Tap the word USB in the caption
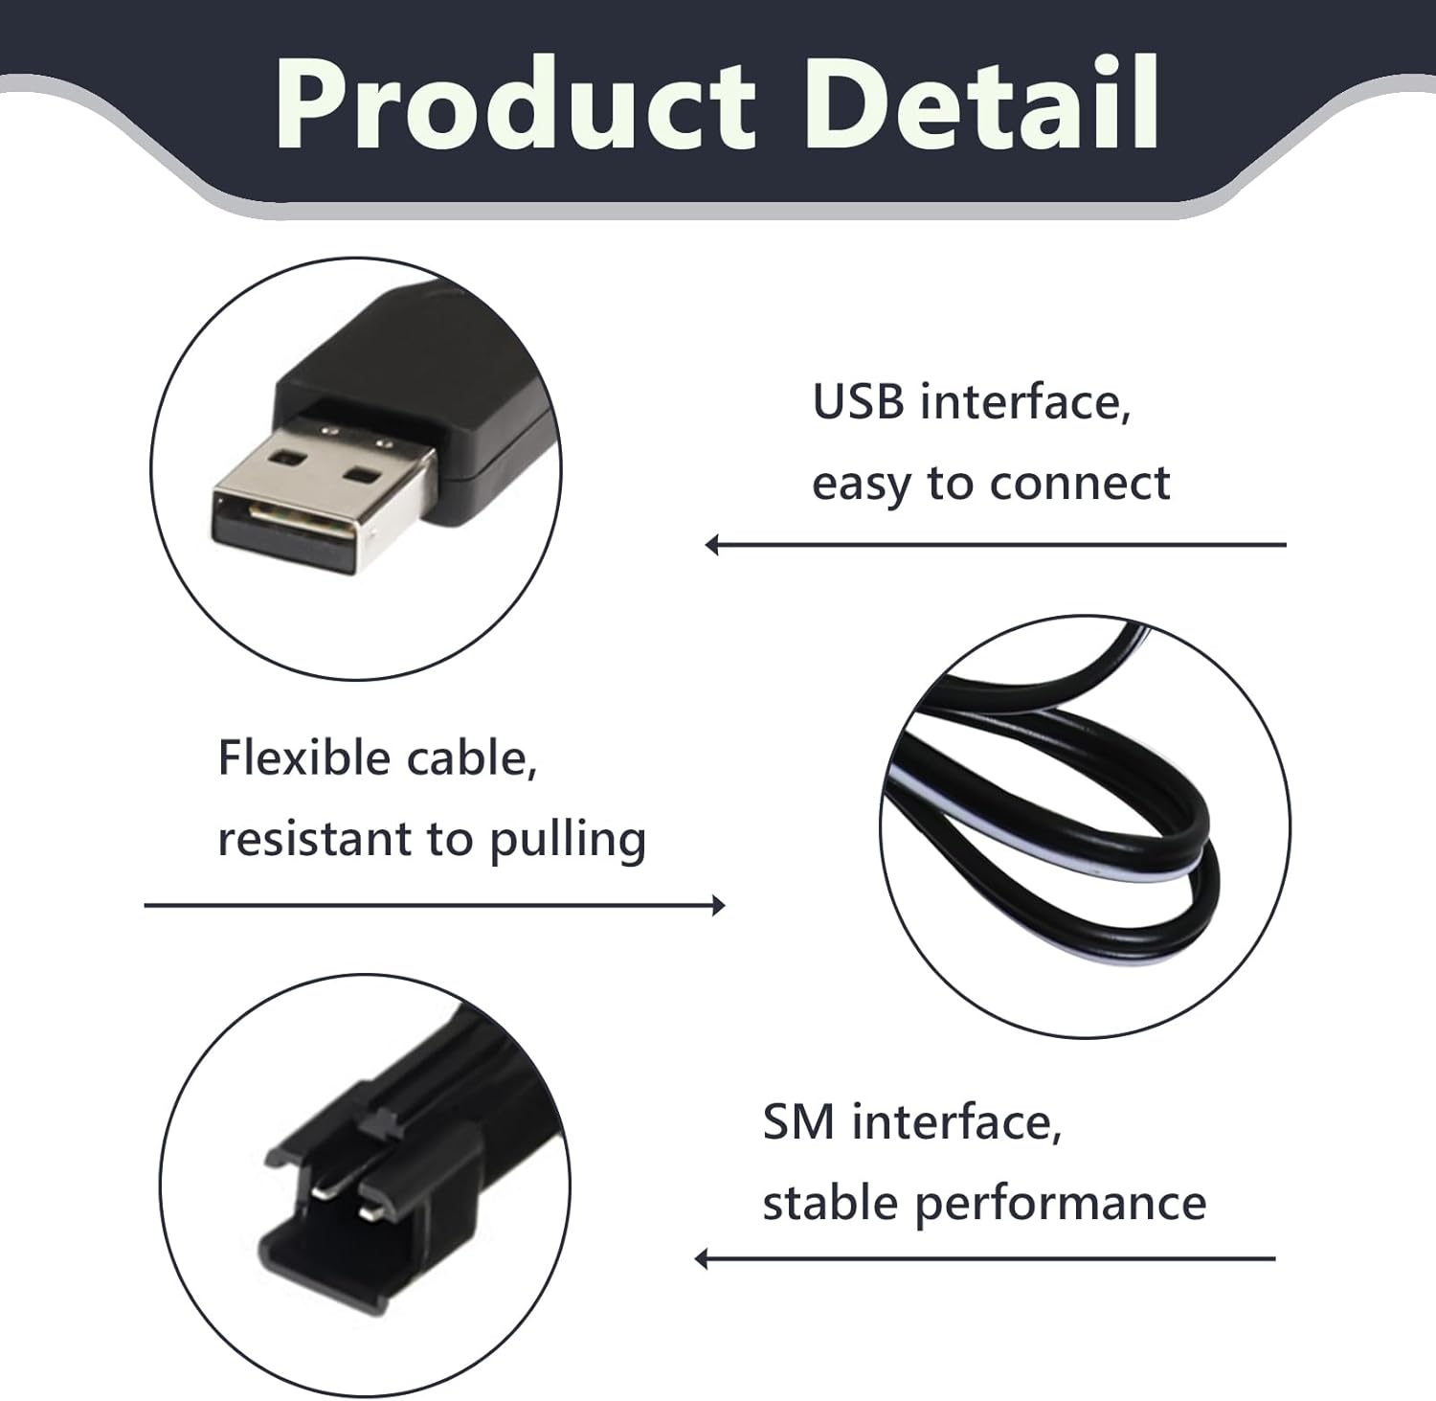click(x=858, y=401)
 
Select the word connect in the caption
click(x=1079, y=483)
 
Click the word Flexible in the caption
click(x=304, y=757)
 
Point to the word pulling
click(x=568, y=841)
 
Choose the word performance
click(x=1061, y=1204)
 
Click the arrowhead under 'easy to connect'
click(x=711, y=545)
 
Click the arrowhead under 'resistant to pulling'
click(x=719, y=905)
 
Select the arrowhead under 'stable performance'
click(x=702, y=1258)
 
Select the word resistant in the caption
click(x=312, y=839)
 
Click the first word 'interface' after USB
click(x=1025, y=401)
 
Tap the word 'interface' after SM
click(x=957, y=1122)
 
